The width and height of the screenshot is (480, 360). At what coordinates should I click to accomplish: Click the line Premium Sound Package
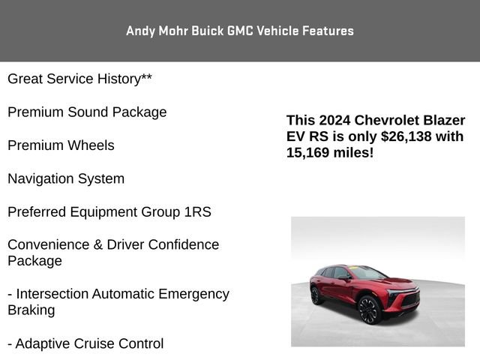click(87, 112)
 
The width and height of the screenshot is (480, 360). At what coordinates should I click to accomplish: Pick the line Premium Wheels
click(61, 145)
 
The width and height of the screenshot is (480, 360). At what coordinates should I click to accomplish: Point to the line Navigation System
click(66, 178)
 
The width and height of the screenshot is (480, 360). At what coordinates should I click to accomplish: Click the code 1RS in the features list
click(197, 211)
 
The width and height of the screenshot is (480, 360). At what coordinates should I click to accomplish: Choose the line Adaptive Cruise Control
click(85, 343)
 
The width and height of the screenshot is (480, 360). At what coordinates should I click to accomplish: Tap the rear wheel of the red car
click(318, 295)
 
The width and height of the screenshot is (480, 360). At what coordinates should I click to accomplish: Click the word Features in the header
click(326, 31)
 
